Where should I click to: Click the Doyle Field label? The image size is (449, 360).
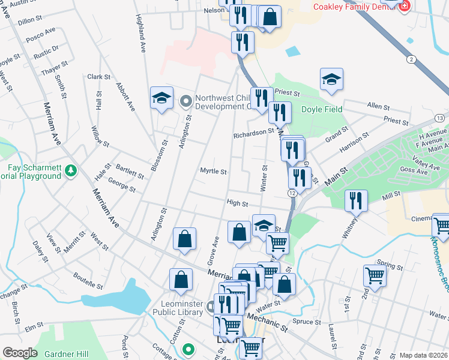(321, 109)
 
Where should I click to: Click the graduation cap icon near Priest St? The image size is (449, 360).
(331, 79)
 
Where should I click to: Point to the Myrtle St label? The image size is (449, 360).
(213, 172)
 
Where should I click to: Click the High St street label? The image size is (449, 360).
(237, 203)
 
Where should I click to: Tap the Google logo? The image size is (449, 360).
(20, 353)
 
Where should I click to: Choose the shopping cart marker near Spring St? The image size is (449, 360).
(375, 276)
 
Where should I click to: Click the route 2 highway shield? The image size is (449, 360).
(411, 59)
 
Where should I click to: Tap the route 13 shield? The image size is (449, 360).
(440, 117)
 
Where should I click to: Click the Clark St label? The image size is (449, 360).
(98, 77)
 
